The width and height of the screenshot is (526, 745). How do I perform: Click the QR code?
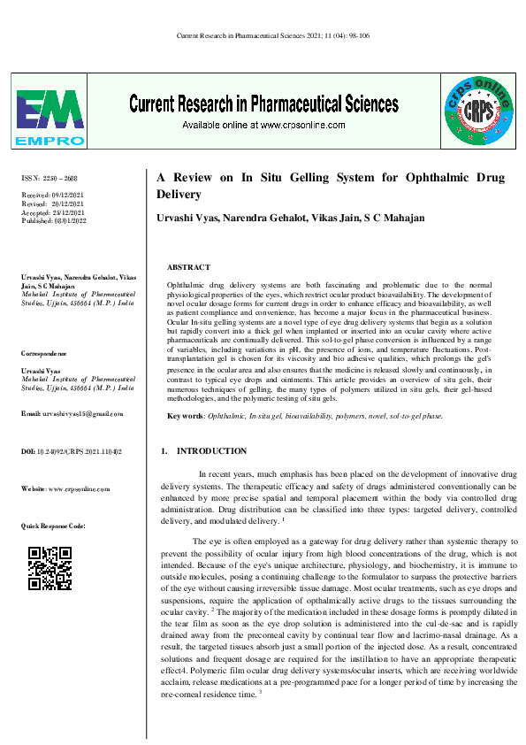coord(50,568)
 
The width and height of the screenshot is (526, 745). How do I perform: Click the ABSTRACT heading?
coord(188,267)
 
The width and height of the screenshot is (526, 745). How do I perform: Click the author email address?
coord(72,414)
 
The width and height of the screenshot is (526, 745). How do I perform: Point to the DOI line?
coord(71,452)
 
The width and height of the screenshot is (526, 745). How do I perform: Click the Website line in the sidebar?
coord(65,489)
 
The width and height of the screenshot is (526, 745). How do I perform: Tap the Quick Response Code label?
coord(53,526)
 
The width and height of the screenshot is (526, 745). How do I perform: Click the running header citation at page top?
coord(262,36)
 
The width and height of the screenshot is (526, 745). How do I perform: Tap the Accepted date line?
coord(52,211)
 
